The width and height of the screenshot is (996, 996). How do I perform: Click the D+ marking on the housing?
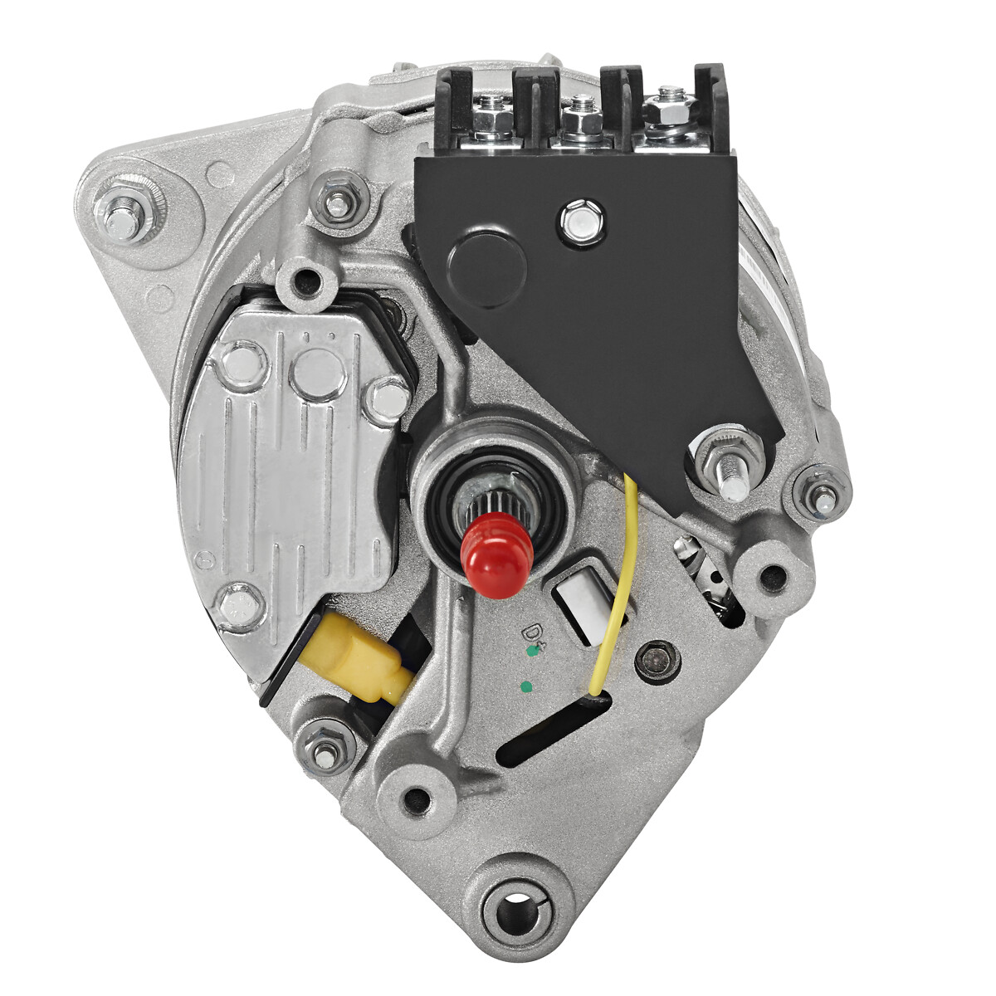pos(532,633)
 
